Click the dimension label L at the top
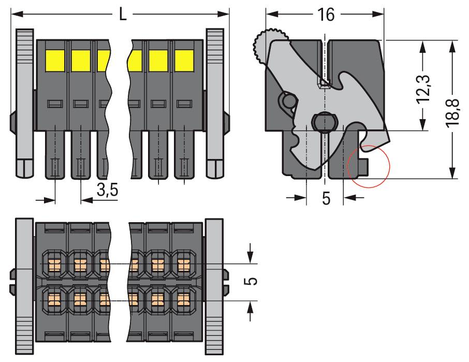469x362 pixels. [123, 14]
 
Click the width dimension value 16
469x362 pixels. [326, 15]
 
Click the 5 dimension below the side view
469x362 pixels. [326, 198]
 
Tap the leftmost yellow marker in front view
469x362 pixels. [55, 61]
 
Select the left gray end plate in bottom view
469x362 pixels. [24, 287]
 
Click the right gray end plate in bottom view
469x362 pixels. [214, 287]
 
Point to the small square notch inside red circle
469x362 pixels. [364, 167]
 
